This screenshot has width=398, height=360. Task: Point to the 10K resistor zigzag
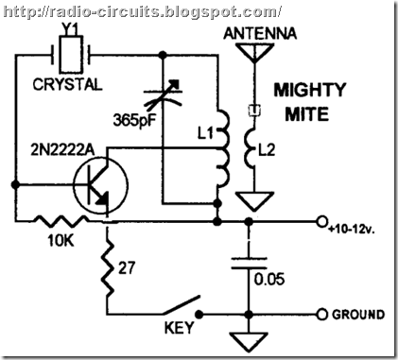coord(60,223)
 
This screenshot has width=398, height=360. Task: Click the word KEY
coord(181,332)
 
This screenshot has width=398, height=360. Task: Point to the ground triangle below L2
coord(251,201)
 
